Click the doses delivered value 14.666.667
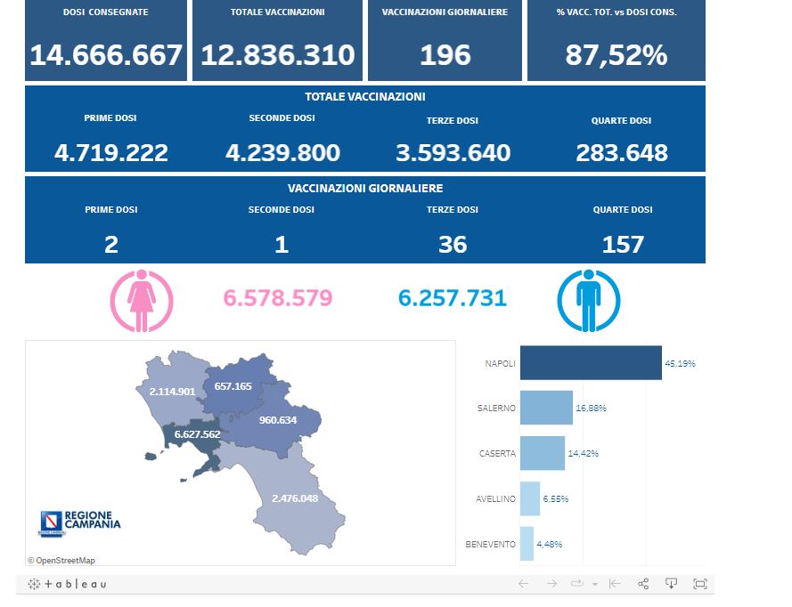click(106, 56)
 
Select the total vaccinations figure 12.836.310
click(277, 56)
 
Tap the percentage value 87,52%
click(616, 56)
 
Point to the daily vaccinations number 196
click(445, 56)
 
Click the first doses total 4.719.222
click(110, 153)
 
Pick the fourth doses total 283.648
click(621, 153)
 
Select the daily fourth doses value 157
click(622, 245)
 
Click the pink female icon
click(142, 300)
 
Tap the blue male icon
click(588, 300)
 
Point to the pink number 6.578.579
click(277, 298)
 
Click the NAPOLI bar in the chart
click(590, 363)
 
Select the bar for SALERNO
click(545, 408)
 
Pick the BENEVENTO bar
click(527, 544)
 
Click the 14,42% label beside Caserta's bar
click(584, 453)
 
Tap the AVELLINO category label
click(495, 498)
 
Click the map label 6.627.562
click(197, 434)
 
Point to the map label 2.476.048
click(294, 498)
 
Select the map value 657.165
click(233, 387)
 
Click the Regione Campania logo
click(79, 522)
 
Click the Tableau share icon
click(643, 584)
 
